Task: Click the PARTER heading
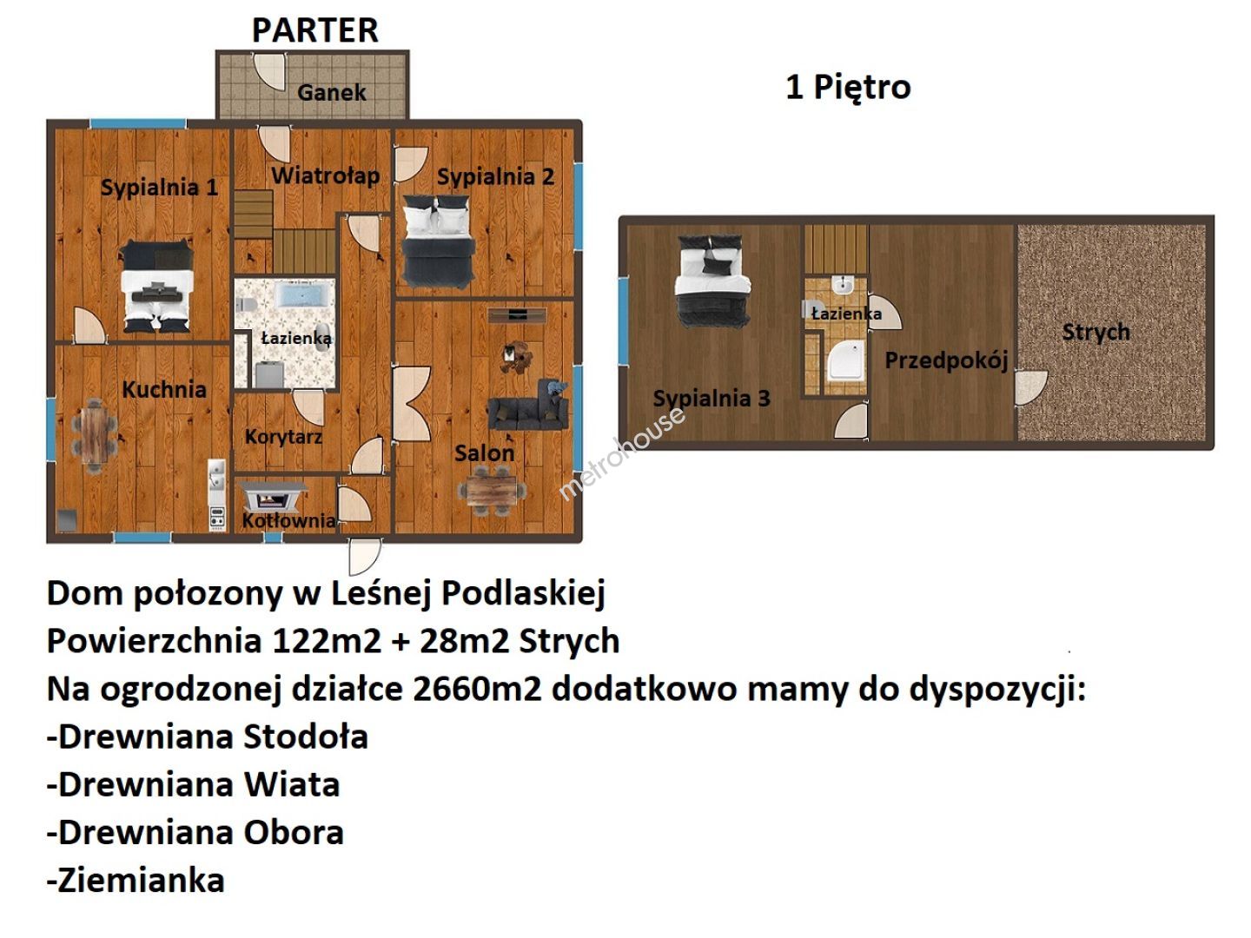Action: (314, 30)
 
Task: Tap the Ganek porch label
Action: (331, 92)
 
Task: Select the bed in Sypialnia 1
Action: (156, 287)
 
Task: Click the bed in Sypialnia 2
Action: (438, 241)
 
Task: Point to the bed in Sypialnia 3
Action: (712, 281)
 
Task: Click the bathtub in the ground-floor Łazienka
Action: (305, 294)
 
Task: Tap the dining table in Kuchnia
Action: (94, 436)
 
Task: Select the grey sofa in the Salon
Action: (528, 406)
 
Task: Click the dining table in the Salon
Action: (493, 490)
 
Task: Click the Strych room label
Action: (1095, 332)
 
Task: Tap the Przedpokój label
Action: (946, 360)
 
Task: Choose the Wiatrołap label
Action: (326, 176)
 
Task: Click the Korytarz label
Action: (283, 437)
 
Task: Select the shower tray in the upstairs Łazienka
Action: (846, 360)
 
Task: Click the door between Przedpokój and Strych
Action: (1029, 388)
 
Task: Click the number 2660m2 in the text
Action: (477, 689)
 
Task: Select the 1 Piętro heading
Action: (848, 88)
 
